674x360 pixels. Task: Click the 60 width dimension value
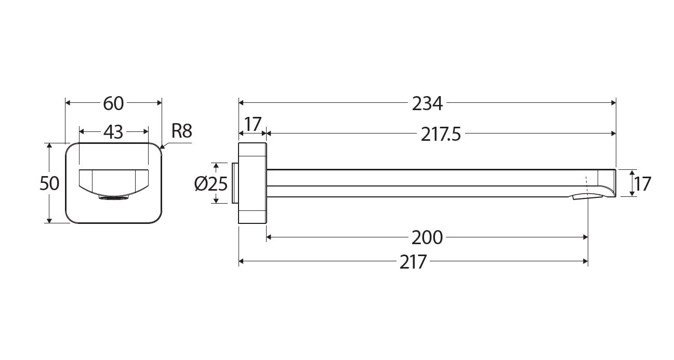pyautogui.click(x=113, y=103)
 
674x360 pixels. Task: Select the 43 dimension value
pyautogui.click(x=113, y=132)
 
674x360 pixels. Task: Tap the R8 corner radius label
pyautogui.click(x=182, y=131)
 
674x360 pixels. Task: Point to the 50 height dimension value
pyautogui.click(x=49, y=183)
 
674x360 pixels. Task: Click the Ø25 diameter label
pyautogui.click(x=210, y=184)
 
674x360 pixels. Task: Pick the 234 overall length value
pyautogui.click(x=427, y=103)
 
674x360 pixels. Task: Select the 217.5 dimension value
pyautogui.click(x=441, y=134)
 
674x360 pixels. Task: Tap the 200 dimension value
pyautogui.click(x=427, y=237)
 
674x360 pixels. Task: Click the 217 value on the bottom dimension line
pyautogui.click(x=413, y=262)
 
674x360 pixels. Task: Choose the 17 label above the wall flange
pyautogui.click(x=253, y=124)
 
